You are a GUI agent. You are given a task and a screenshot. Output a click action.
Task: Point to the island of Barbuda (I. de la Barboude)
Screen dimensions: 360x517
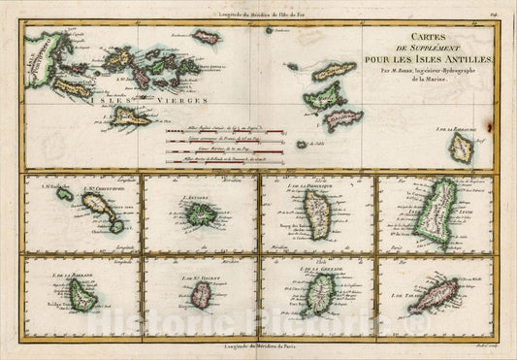(x=462, y=147)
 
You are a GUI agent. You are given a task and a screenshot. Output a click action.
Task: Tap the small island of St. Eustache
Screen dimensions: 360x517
(x=63, y=195)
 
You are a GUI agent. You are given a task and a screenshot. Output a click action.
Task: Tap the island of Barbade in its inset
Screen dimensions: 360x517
(x=84, y=301)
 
